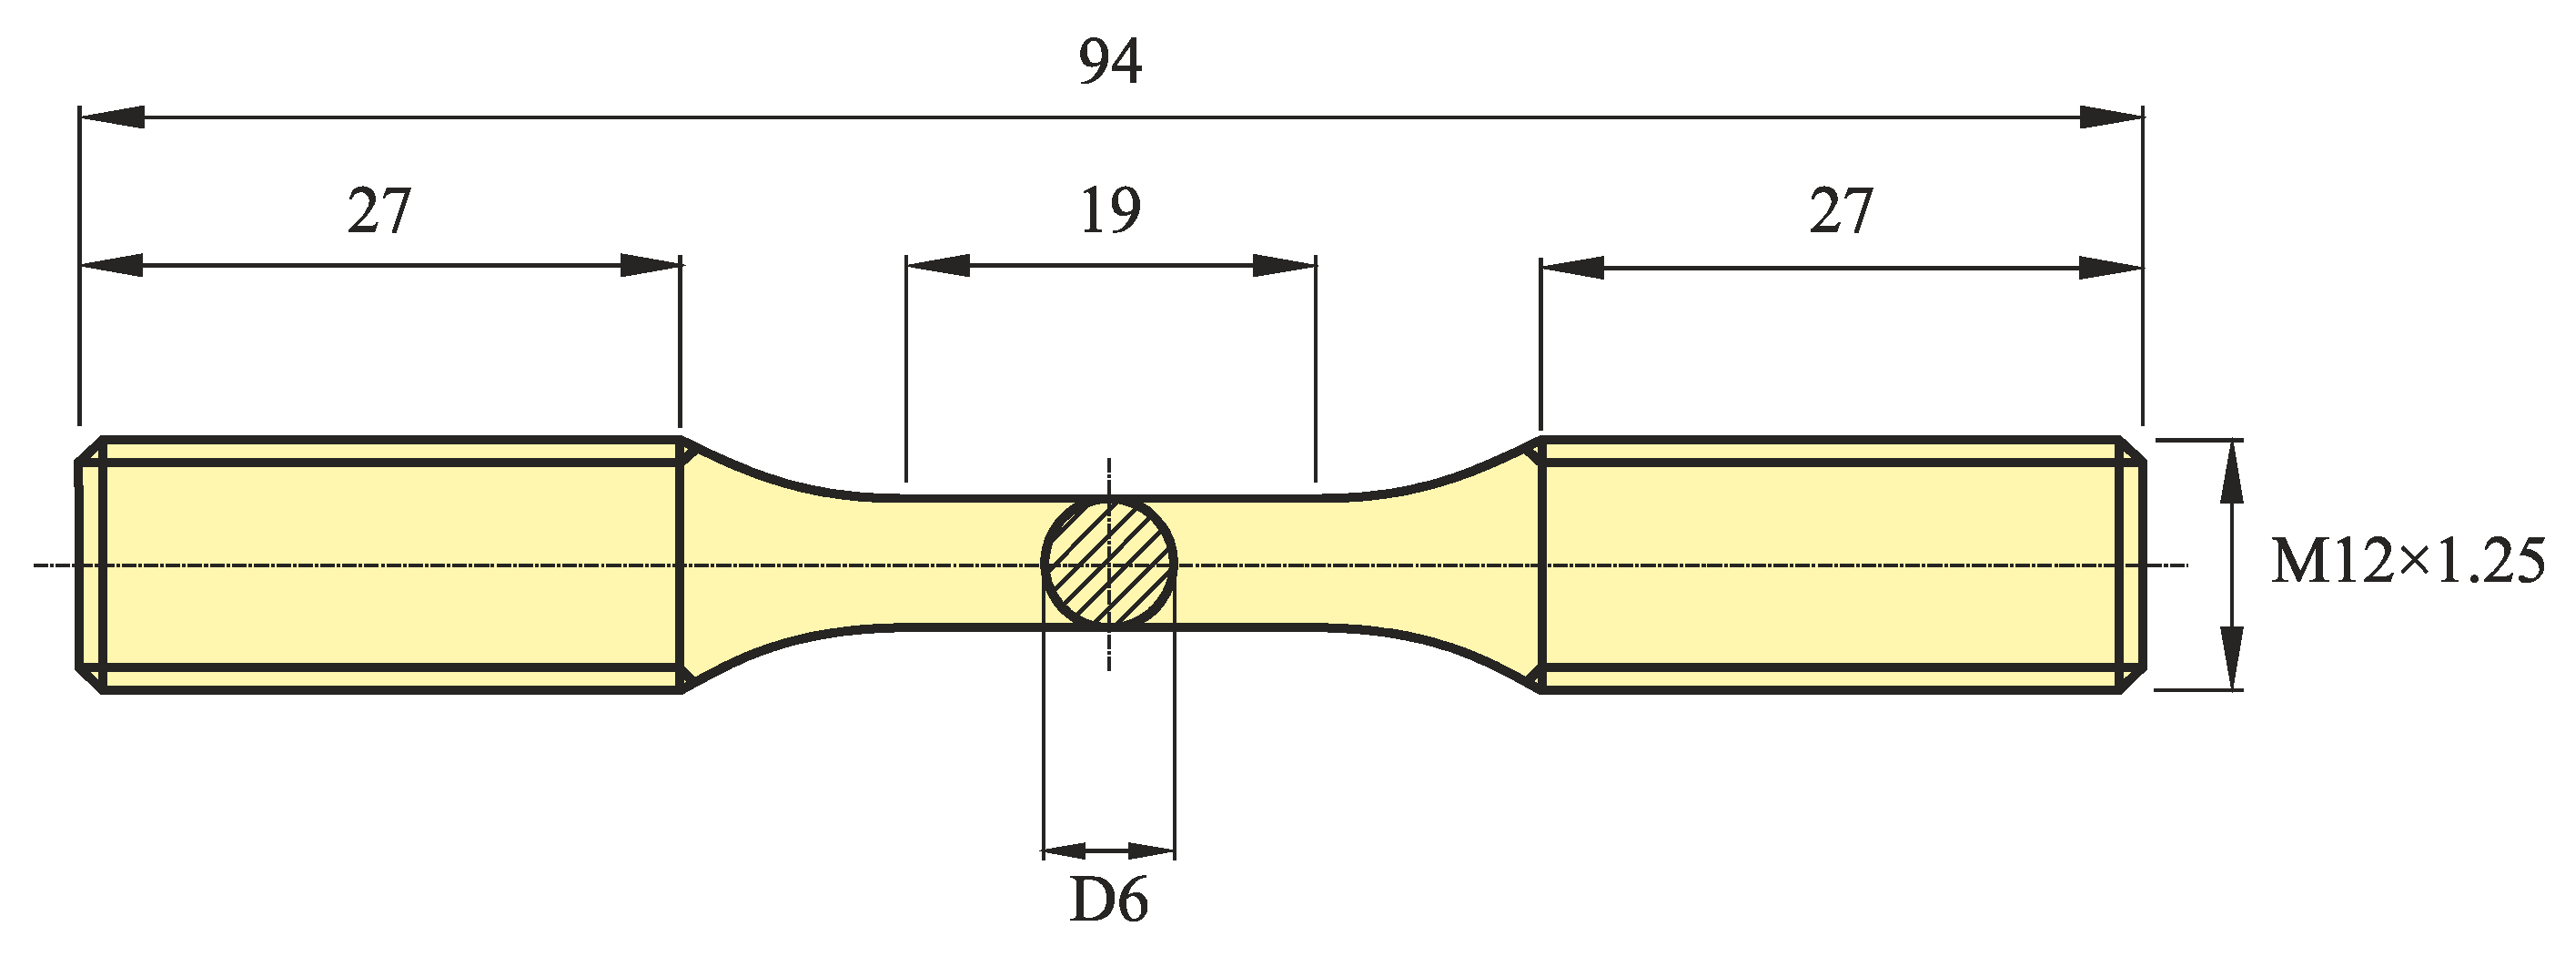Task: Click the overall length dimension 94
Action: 1109,62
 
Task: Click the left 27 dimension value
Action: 379,212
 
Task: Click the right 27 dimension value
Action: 1841,212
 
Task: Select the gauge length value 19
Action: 1109,212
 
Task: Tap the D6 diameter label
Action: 1108,901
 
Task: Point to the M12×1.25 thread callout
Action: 2407,562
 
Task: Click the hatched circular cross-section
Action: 1108,564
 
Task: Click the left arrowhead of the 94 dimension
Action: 112,117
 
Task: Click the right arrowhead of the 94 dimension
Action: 2110,117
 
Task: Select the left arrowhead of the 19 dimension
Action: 937,266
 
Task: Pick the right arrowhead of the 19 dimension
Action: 1284,266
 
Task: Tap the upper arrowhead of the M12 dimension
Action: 2230,471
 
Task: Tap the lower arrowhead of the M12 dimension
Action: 2230,657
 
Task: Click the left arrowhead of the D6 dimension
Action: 1065,851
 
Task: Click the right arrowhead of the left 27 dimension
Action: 650,266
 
